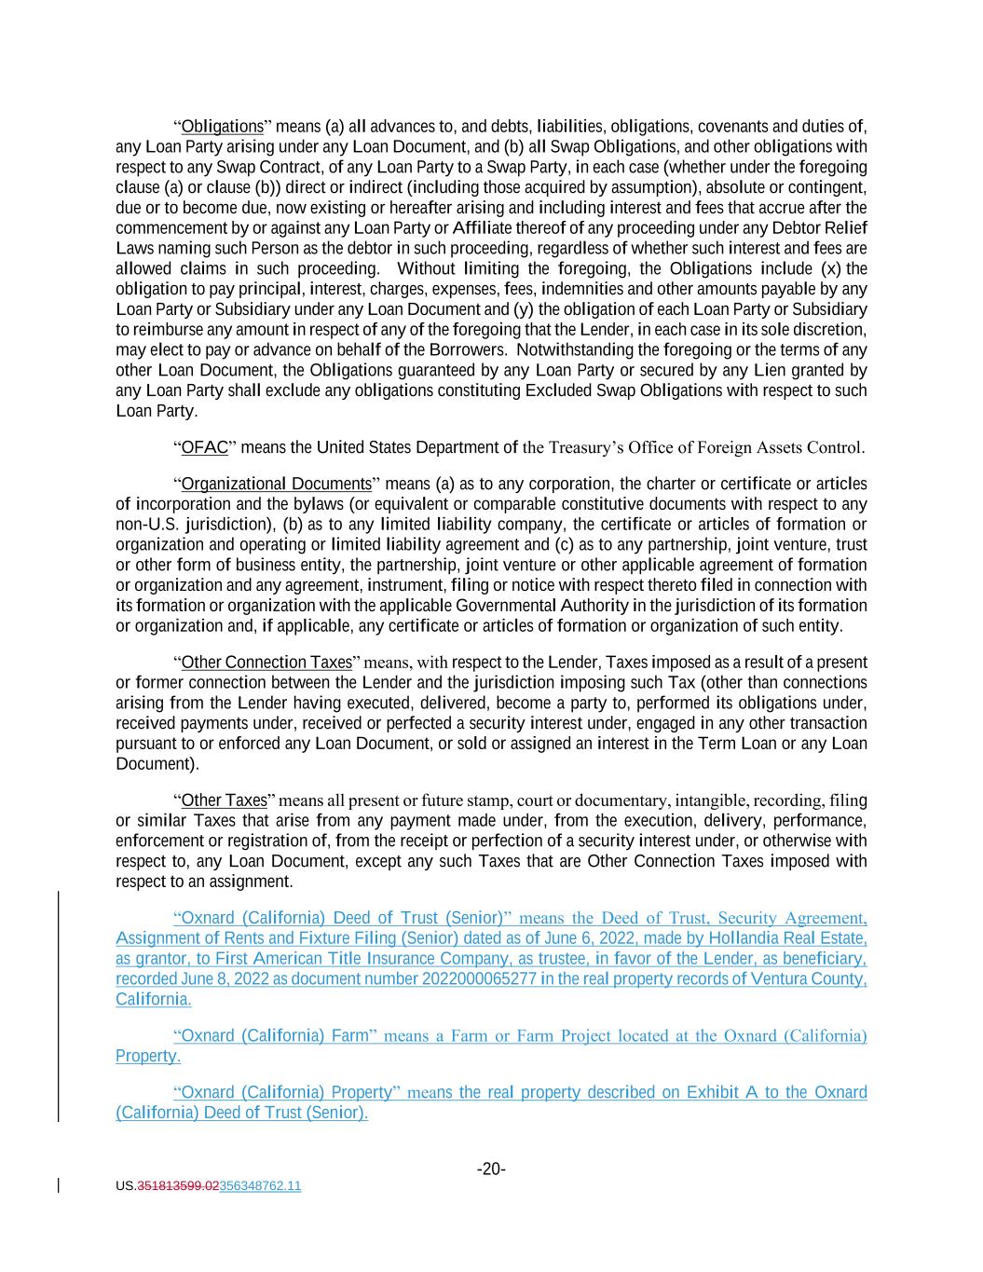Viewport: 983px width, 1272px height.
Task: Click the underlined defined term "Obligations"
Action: pyautogui.click(x=223, y=127)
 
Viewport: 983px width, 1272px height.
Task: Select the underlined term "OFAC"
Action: pyautogui.click(x=204, y=448)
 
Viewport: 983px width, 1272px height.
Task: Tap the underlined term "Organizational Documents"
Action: pyautogui.click(x=276, y=485)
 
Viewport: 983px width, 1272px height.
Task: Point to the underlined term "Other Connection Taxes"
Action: pyautogui.click(x=266, y=663)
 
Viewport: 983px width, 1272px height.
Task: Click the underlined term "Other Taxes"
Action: pyautogui.click(x=224, y=800)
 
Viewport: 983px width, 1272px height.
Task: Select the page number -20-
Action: pyautogui.click(x=491, y=1169)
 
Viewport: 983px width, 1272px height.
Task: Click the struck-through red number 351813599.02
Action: pyautogui.click(x=178, y=1186)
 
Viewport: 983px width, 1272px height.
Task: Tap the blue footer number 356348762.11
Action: pyautogui.click(x=260, y=1186)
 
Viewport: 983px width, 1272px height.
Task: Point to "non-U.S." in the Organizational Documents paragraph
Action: pyautogui.click(x=144, y=525)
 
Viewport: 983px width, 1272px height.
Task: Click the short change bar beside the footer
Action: pyautogui.click(x=59, y=1185)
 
